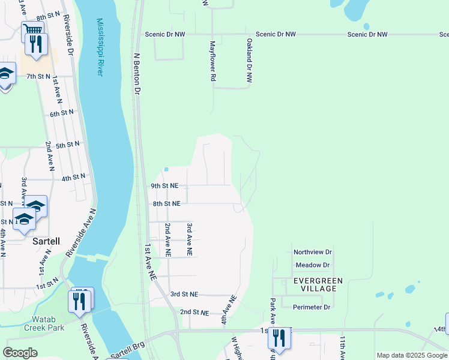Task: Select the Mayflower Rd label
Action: click(212, 62)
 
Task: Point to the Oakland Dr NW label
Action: click(249, 61)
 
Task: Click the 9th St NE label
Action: click(165, 186)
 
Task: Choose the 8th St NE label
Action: click(166, 204)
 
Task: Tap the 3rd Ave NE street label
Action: click(189, 240)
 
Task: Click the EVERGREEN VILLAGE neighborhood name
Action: click(318, 284)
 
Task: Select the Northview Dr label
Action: click(313, 253)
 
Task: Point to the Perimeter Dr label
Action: click(312, 307)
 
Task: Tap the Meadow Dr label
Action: click(313, 265)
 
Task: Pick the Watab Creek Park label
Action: click(44, 324)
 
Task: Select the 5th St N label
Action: click(68, 145)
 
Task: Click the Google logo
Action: click(20, 353)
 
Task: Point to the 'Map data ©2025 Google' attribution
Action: click(412, 355)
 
